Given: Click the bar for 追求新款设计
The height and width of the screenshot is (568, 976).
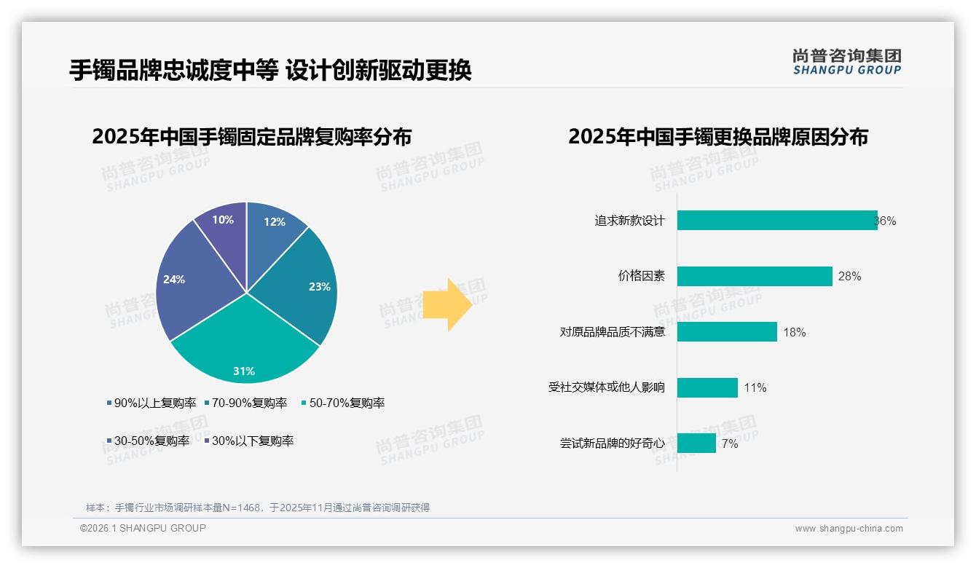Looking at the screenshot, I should coord(776,221).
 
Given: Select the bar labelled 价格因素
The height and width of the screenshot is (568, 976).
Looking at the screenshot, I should coord(755,276).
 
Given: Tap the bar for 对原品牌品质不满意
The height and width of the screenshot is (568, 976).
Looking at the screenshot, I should coord(727,332).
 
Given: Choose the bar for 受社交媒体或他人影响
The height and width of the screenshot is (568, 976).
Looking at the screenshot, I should coord(707,387).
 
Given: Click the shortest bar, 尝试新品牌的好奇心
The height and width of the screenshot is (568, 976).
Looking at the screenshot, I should coord(696,443).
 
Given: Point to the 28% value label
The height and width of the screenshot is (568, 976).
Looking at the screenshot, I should coord(849,277).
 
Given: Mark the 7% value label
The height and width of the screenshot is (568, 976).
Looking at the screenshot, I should coord(730,443).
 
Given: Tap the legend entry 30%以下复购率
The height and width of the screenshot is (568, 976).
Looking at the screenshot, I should coord(252,441).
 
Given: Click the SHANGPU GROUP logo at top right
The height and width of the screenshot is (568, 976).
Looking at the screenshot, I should coord(846,62).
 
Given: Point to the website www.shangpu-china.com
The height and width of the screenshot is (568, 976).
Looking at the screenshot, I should coord(849,529).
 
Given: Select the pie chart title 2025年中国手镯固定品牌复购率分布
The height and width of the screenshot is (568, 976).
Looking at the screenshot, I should coord(252,137).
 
